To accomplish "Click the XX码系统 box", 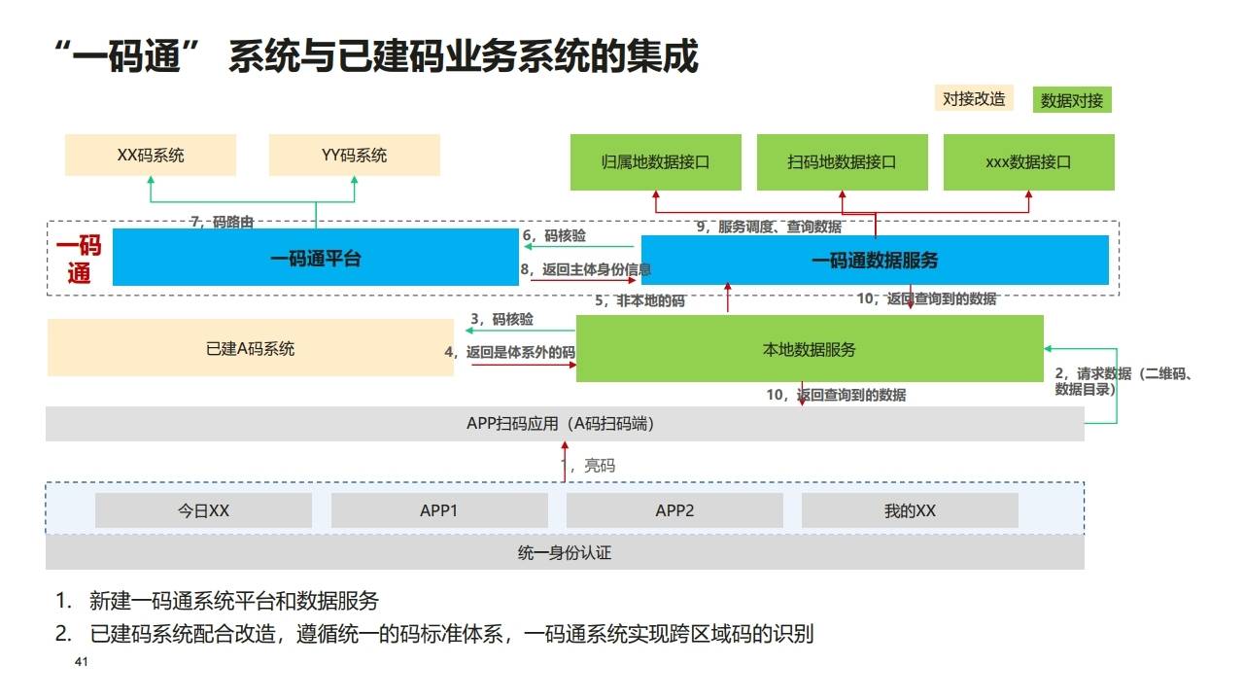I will [x=151, y=156].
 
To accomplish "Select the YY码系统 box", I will [x=354, y=156].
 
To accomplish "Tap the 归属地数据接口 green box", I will [x=655, y=162].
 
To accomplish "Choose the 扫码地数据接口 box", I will [x=842, y=162].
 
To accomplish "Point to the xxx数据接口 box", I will [x=1028, y=162].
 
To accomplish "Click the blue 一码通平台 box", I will [x=315, y=259].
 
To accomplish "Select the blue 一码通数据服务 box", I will [x=875, y=261].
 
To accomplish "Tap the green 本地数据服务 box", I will [x=809, y=349].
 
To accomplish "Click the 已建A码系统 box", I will [x=251, y=348].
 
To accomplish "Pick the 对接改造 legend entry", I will [x=974, y=98].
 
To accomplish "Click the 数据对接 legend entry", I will [x=1072, y=100].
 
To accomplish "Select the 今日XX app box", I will [x=203, y=510].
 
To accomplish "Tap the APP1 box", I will [x=439, y=510].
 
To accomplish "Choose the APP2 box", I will [x=674, y=510].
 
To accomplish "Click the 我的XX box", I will [x=910, y=510].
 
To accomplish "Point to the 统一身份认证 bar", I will [x=565, y=553].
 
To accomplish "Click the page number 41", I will [x=82, y=663].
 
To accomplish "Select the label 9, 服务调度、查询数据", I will [x=769, y=227].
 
